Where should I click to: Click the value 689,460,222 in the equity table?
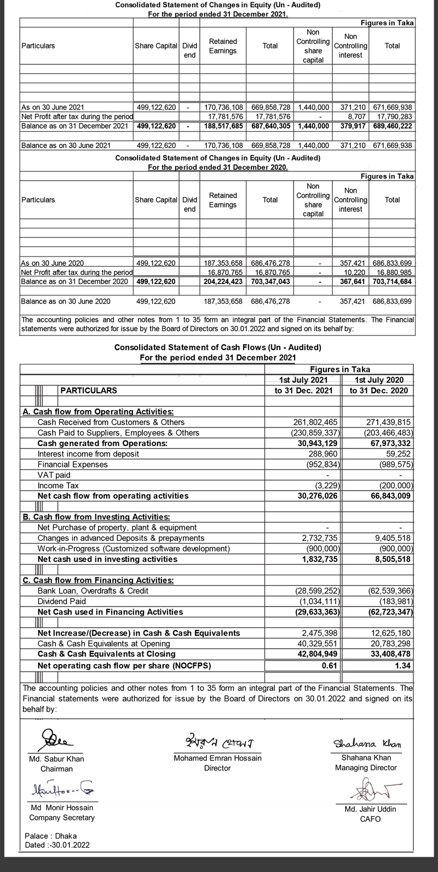click(x=392, y=126)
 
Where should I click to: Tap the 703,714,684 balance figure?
click(x=392, y=281)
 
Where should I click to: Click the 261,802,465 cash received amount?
click(x=316, y=422)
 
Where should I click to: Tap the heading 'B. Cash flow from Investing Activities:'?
click(x=96, y=517)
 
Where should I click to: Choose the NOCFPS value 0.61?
click(x=330, y=666)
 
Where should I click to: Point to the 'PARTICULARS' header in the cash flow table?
click(x=88, y=390)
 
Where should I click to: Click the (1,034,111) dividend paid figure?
click(x=318, y=602)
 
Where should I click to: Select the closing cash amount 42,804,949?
click(x=316, y=654)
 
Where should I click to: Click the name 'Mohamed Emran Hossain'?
click(x=217, y=758)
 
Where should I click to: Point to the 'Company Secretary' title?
click(x=62, y=818)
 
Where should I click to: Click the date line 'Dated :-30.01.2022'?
click(x=57, y=845)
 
